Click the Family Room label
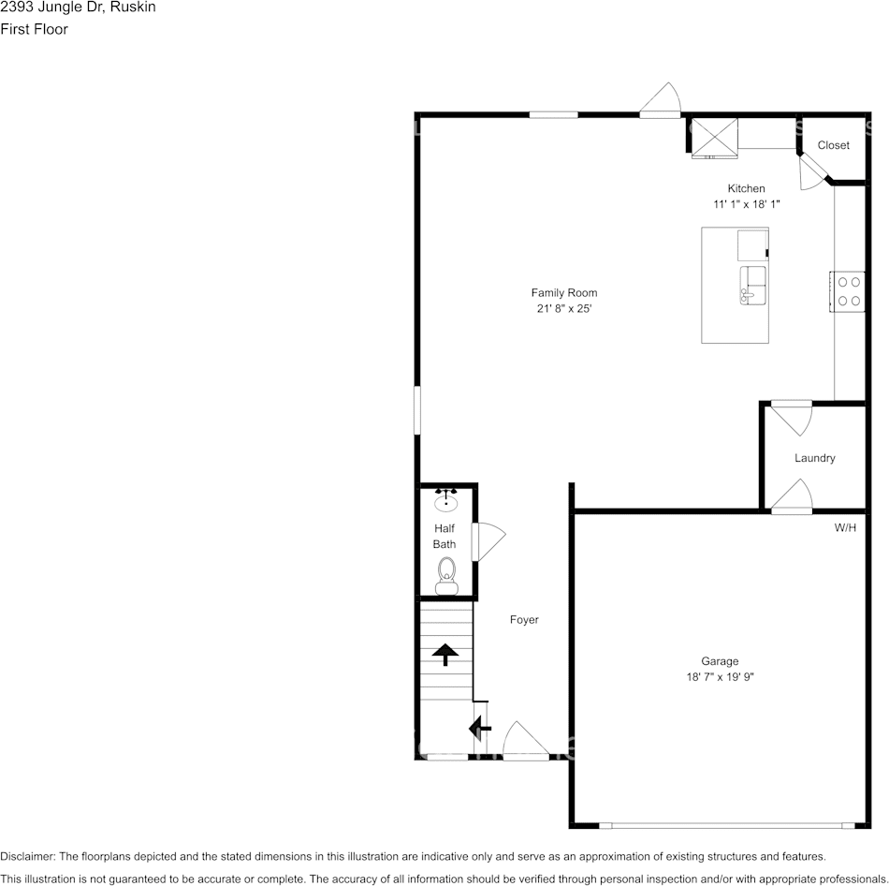[564, 293]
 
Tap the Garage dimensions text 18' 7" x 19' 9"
[720, 676]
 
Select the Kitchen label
[746, 189]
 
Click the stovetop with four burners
[850, 290]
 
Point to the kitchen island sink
[753, 286]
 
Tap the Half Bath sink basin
[446, 502]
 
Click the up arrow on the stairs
[444, 653]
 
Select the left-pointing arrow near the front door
[480, 727]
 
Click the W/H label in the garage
[845, 528]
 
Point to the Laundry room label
[814, 458]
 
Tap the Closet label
[833, 145]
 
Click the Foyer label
[524, 620]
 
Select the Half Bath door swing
[489, 540]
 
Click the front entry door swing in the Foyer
[524, 741]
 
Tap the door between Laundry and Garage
[792, 496]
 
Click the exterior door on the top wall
[662, 100]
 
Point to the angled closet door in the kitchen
[812, 172]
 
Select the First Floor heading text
[35, 29]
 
